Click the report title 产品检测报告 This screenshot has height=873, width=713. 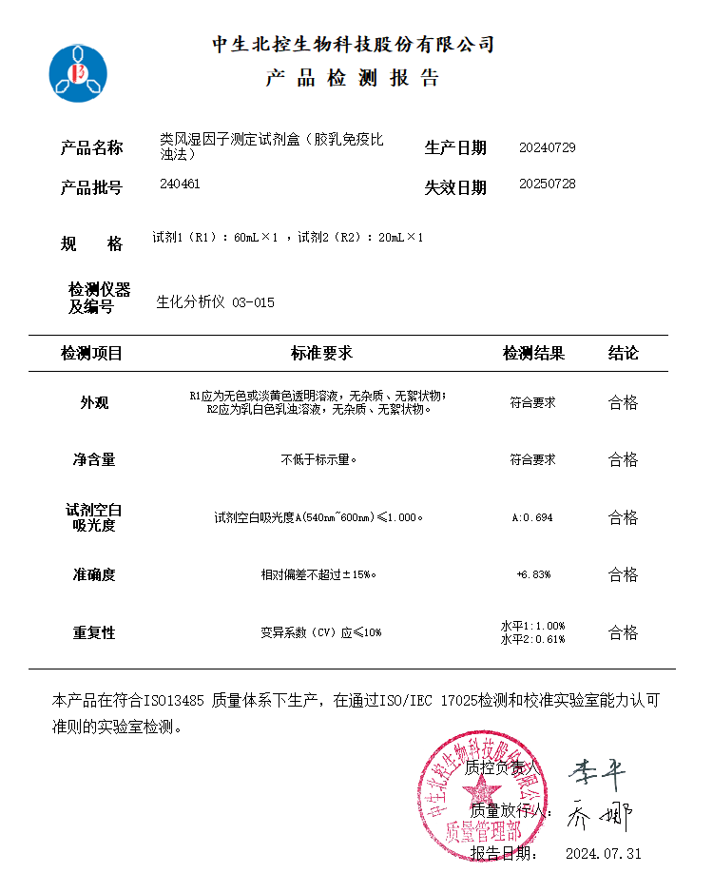353,78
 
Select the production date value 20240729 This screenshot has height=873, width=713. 547,147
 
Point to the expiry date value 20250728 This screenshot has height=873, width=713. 547,184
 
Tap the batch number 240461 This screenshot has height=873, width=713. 181,184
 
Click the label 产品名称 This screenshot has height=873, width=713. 91,148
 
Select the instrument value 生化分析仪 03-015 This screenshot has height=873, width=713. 215,302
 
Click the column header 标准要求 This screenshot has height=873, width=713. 321,354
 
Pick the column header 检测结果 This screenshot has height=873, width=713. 533,354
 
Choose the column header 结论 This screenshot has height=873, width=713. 623,354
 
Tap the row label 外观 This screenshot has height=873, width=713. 94,402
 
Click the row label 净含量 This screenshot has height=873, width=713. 94,460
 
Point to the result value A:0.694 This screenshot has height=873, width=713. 532,518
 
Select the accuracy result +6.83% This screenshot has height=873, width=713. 532,574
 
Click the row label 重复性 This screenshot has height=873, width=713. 94,632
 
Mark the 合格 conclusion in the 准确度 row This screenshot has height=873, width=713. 623,574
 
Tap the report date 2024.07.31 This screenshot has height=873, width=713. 603,853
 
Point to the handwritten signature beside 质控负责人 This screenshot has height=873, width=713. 597,773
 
